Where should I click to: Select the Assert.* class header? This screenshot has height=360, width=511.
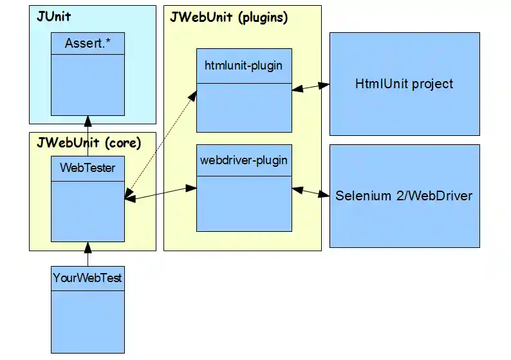point(88,44)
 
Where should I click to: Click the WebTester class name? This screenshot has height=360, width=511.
point(88,168)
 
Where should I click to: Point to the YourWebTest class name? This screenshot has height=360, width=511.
point(88,278)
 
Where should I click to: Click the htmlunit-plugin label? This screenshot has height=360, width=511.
point(244,66)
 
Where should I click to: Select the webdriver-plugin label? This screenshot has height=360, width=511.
point(244,160)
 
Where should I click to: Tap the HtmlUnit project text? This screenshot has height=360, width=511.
point(404,84)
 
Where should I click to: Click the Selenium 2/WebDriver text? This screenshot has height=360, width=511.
point(404,195)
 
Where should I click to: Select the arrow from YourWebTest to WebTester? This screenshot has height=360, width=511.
point(88,254)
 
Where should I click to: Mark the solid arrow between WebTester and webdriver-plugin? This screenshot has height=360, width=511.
point(161,194)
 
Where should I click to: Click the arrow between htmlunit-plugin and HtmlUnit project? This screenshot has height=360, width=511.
point(311,87)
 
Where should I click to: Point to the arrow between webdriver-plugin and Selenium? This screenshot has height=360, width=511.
point(311,191)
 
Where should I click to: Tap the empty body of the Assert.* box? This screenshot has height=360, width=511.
point(88,84)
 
